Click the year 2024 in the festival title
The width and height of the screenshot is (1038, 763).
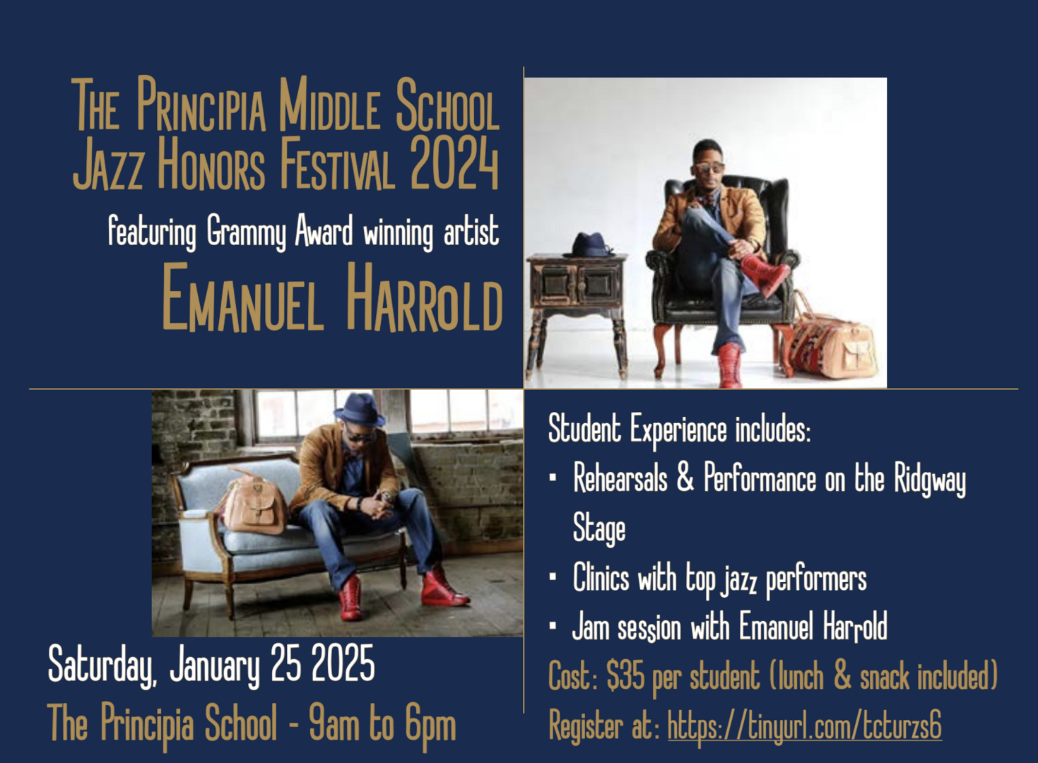click(454, 163)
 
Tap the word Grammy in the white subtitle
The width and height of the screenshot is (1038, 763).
click(247, 232)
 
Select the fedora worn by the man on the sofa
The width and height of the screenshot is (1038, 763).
click(360, 410)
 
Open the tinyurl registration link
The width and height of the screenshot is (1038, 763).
click(804, 726)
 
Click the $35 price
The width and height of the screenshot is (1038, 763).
click(625, 675)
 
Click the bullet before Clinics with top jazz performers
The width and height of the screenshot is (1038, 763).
click(553, 577)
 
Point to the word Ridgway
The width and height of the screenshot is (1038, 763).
click(930, 480)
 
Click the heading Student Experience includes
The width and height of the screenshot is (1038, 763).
click(679, 430)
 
